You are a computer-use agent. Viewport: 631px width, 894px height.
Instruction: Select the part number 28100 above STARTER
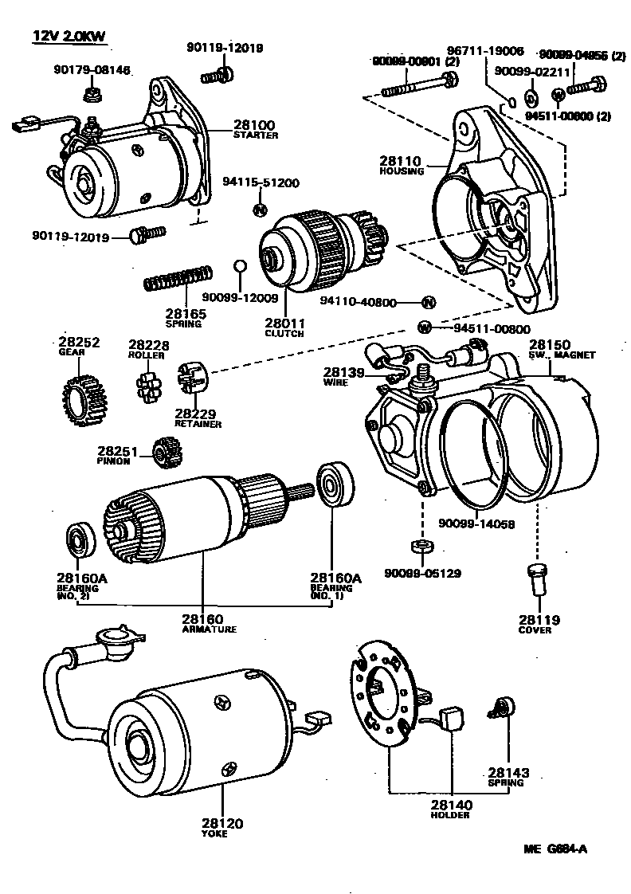tap(253, 125)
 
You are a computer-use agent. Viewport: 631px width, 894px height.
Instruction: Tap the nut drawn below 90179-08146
tap(92, 96)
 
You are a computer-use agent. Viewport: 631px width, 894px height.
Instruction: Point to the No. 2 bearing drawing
tap(79, 540)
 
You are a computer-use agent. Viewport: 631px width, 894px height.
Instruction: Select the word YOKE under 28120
tap(214, 833)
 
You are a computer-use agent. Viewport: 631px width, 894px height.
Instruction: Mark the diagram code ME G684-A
tap(555, 849)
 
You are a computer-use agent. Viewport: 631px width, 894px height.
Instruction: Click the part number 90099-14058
tap(476, 523)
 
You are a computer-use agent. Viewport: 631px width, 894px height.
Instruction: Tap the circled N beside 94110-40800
tap(428, 302)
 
